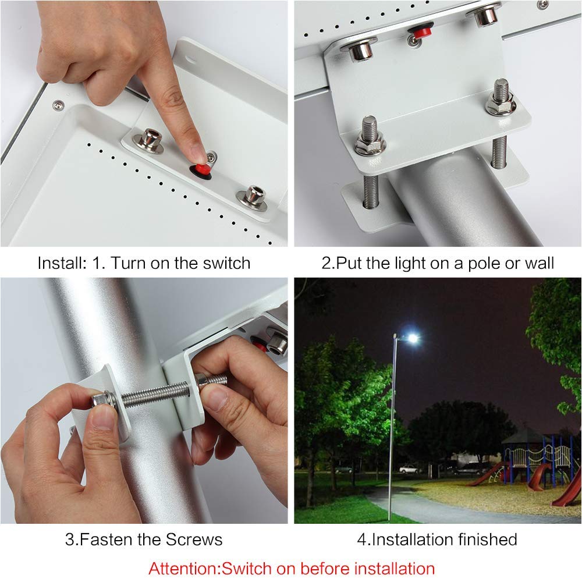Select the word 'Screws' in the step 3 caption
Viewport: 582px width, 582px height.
pyautogui.click(x=194, y=540)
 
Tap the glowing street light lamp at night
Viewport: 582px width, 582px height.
pyautogui.click(x=411, y=338)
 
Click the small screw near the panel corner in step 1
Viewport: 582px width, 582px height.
pyautogui.click(x=58, y=106)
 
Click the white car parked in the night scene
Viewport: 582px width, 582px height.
pyautogui.click(x=410, y=469)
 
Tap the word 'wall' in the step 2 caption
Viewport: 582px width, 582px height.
pyautogui.click(x=540, y=264)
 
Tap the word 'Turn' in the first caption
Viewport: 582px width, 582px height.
pyautogui.click(x=129, y=263)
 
